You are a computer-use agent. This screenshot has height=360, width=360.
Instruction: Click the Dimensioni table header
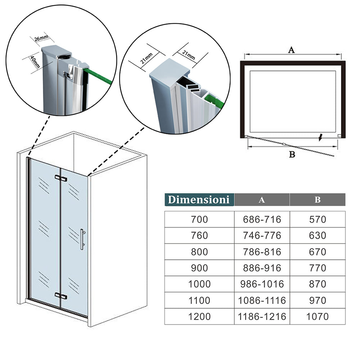tap(199, 199)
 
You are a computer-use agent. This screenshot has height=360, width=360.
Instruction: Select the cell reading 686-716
tap(262, 220)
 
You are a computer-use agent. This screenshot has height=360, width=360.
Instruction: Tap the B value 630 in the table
tap(318, 235)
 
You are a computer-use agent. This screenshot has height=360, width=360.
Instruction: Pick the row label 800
tap(199, 252)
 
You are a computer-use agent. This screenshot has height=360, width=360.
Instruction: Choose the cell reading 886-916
tap(262, 268)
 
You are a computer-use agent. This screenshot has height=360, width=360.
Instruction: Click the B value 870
tap(318, 284)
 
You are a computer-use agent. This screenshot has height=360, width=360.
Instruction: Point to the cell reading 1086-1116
tap(262, 300)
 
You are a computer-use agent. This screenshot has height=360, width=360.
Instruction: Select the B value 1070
tap(318, 316)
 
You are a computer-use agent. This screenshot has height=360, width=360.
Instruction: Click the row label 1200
tap(199, 316)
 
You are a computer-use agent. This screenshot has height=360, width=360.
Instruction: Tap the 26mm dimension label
tap(41, 38)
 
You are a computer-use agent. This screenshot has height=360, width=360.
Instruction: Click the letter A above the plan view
tap(291, 50)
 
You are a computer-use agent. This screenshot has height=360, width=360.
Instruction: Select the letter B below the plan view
tap(292, 154)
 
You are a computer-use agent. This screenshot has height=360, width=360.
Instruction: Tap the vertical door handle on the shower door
tap(82, 239)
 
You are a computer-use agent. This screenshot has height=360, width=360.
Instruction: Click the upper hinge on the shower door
tap(61, 178)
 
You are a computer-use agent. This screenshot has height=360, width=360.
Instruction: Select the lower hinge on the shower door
tap(61, 296)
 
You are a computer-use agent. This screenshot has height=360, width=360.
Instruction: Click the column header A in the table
tap(262, 200)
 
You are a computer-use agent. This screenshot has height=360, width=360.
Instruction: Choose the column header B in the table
tap(318, 200)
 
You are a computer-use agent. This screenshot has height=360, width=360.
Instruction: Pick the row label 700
tap(199, 220)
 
